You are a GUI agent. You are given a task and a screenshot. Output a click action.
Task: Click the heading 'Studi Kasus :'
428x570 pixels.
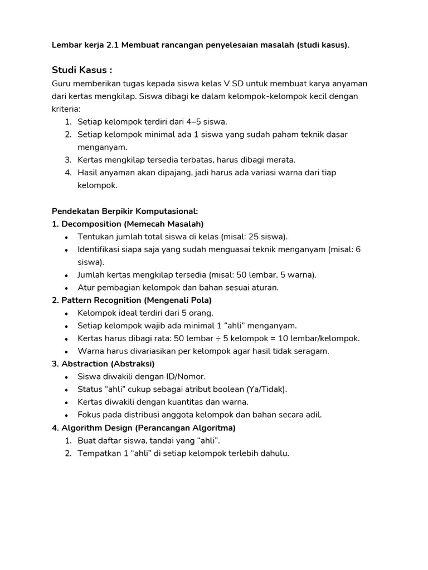pyautogui.click(x=82, y=70)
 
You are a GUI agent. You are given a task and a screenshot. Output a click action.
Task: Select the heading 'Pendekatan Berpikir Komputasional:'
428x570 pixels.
pyautogui.click(x=125, y=211)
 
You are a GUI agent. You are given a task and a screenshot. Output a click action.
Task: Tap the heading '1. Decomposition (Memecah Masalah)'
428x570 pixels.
pyautogui.click(x=128, y=224)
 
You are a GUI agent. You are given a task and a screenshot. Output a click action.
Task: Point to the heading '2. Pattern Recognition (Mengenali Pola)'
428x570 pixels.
pyautogui.click(x=132, y=300)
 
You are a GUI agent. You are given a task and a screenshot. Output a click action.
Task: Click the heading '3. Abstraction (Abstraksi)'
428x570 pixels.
pyautogui.click(x=103, y=363)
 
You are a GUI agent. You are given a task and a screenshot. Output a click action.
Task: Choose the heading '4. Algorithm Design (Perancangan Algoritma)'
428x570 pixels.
pyautogui.click(x=144, y=427)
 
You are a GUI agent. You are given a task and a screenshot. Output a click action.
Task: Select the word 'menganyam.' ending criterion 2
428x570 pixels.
pyautogui.click(x=103, y=147)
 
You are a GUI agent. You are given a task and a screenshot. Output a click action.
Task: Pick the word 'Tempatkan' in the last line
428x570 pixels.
pyautogui.click(x=97, y=453)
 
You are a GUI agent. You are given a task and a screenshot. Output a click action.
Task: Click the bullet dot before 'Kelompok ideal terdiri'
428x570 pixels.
pyautogui.click(x=67, y=313)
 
